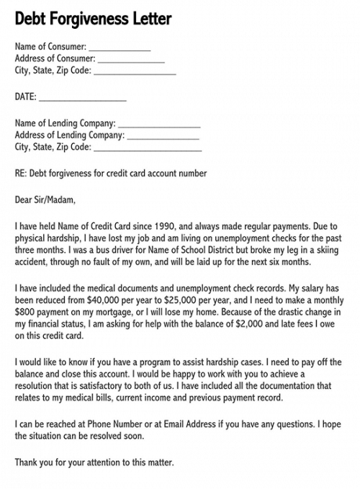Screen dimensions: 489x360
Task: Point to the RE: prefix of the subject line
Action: (21, 174)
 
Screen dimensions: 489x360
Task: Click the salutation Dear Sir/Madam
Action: (45, 199)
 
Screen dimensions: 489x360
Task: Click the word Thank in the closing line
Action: (27, 462)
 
